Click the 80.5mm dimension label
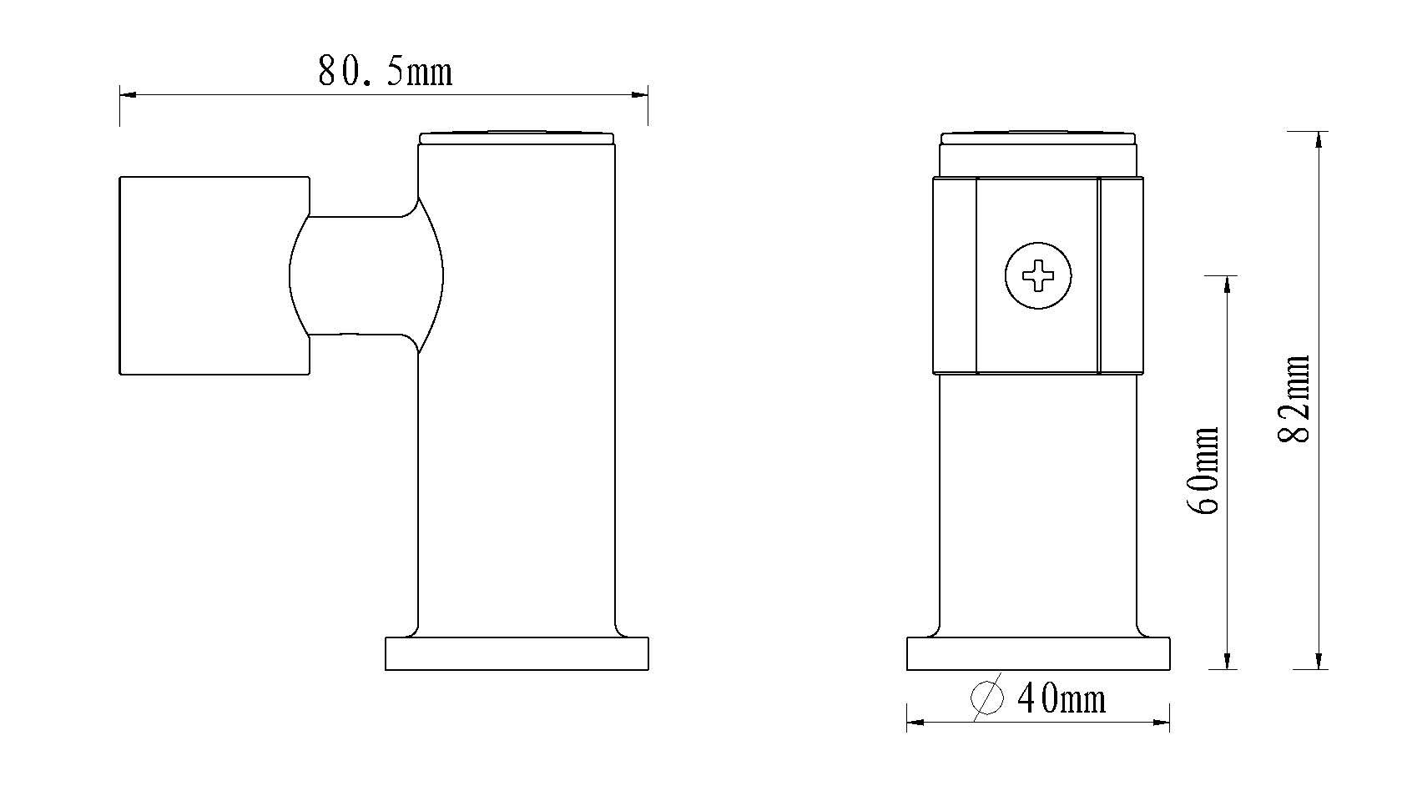385,71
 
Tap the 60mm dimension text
1204,471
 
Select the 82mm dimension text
1294,399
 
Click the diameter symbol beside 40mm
987,697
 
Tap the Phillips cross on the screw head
1038,275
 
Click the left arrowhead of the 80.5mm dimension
128,95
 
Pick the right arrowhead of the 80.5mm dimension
639,95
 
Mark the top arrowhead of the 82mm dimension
1319,139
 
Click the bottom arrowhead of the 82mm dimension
1319,661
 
